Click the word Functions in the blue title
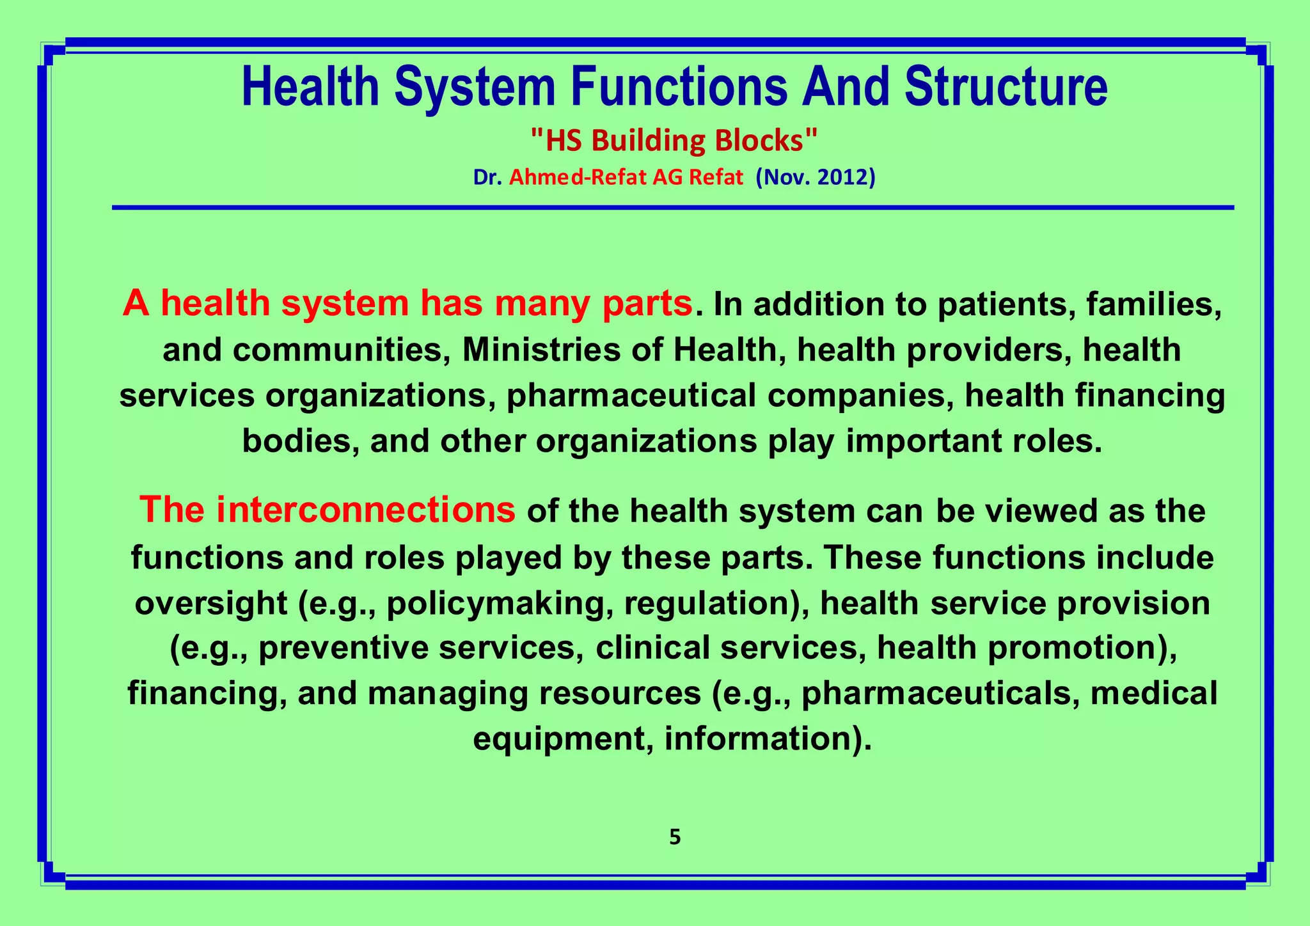pos(679,88)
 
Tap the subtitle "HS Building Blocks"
pos(674,141)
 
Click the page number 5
pos(674,837)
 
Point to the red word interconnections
pos(365,510)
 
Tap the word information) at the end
pos(768,739)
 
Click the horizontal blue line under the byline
pos(672,207)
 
